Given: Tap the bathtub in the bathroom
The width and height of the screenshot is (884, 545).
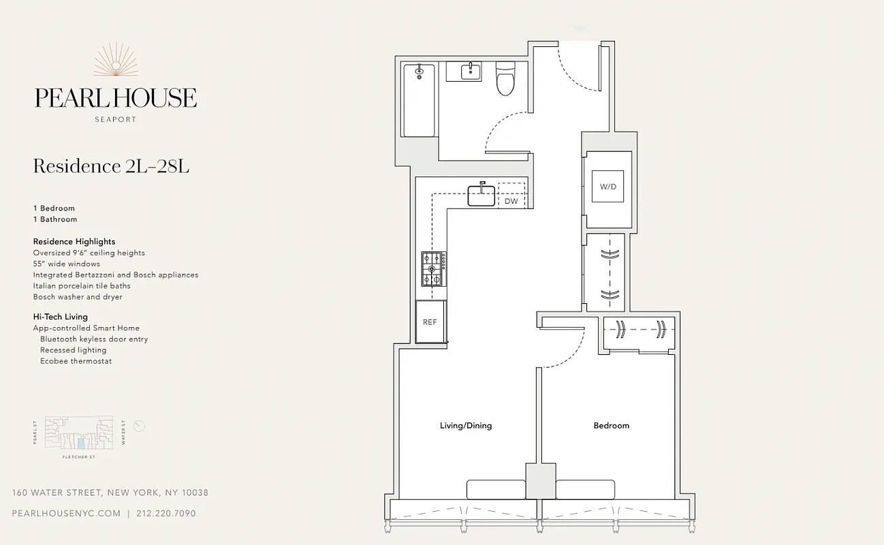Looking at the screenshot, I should pos(419,100).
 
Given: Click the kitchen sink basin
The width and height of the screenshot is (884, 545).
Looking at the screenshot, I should pos(481,196).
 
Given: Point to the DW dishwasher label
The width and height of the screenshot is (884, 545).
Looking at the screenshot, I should pos(511,202).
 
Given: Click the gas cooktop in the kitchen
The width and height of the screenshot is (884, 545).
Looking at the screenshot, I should pos(433,268).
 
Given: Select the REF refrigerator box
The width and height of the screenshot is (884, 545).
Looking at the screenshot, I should pos(430,322).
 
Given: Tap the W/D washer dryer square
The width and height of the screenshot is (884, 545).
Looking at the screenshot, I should pos(607,186).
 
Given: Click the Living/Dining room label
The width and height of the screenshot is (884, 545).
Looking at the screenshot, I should pos(466,426).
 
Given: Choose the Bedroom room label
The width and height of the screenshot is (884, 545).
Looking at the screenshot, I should pos(611,426).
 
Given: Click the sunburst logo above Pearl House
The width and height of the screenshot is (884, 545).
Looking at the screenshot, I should pos(116,60).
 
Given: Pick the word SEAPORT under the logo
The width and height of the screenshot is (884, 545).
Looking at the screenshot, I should pos(116,120).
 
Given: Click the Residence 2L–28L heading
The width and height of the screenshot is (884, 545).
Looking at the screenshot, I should pos(111,166).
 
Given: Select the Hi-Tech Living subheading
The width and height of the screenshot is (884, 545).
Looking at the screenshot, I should pos(61,317).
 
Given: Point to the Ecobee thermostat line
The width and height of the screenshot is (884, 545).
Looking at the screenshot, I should pos(76,361).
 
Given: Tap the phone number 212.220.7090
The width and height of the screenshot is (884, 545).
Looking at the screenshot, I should pos(165,514).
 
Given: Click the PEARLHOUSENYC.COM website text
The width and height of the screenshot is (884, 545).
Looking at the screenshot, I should pos(67,514).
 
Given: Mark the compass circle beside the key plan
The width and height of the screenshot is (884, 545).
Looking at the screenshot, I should pos(140,426).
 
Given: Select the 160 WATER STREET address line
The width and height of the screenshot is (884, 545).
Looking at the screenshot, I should pos(110,493).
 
